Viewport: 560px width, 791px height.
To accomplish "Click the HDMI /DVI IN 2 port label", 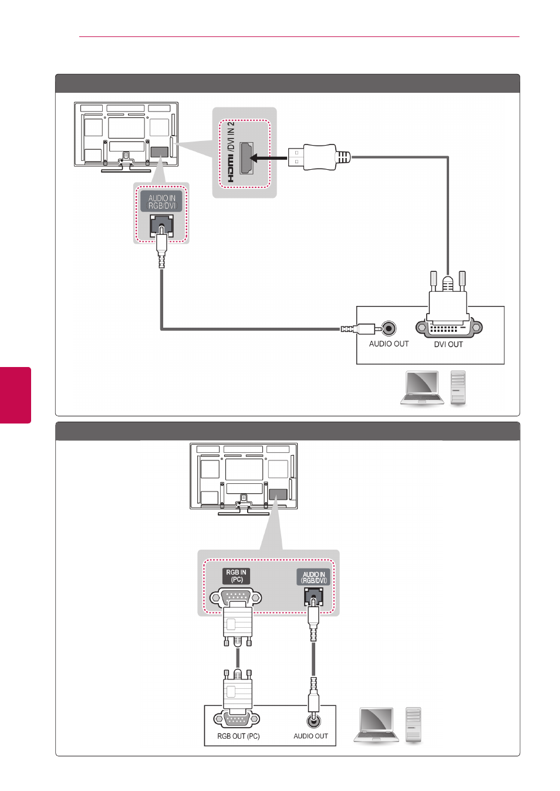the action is (x=231, y=152).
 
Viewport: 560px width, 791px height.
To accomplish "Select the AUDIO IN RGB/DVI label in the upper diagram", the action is (x=161, y=201).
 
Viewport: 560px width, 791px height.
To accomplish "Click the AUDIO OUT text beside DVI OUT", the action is (x=389, y=344).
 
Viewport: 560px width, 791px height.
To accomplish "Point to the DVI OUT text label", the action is (x=448, y=344).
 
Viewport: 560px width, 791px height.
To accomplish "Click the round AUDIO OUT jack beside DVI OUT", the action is (x=389, y=329).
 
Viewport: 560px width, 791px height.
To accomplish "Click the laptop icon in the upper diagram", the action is (x=422, y=388).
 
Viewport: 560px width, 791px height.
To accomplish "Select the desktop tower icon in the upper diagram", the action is (x=458, y=388).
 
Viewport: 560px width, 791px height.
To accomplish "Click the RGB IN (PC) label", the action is (x=236, y=575).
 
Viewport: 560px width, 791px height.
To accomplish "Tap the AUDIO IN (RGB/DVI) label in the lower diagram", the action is (x=313, y=577).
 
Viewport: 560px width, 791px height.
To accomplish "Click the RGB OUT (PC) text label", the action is (x=238, y=736).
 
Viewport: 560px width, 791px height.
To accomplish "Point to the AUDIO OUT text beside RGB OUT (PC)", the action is (x=311, y=736).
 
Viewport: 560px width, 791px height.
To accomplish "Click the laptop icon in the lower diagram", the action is (x=376, y=724).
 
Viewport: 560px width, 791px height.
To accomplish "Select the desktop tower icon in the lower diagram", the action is (x=413, y=725).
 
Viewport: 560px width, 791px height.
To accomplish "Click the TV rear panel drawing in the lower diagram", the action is (x=244, y=479).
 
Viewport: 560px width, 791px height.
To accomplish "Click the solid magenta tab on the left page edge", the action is (x=15, y=395).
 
